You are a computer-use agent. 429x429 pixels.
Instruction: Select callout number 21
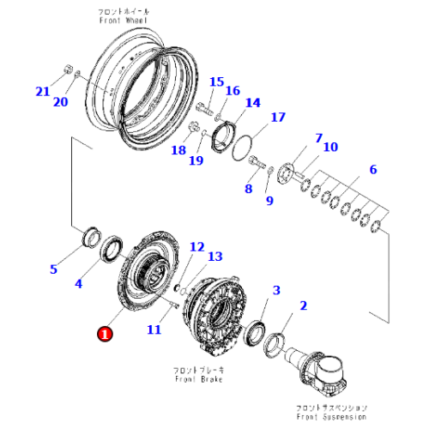pyautogui.click(x=43, y=92)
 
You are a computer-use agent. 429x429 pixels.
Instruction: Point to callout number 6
pyautogui.click(x=372, y=170)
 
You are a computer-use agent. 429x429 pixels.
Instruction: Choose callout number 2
pyautogui.click(x=302, y=305)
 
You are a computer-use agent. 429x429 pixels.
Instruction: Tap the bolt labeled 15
pyautogui.click(x=204, y=109)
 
